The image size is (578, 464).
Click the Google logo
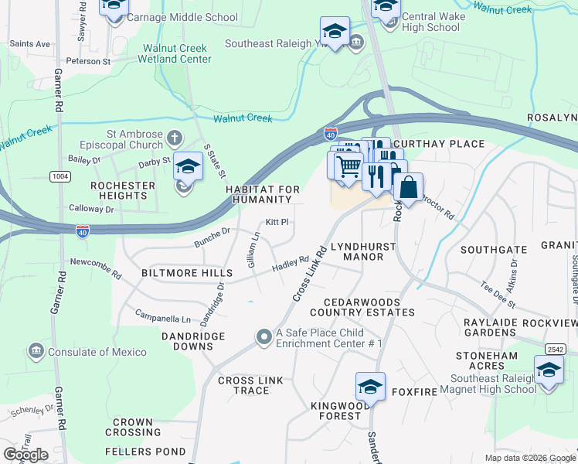tap(25, 455)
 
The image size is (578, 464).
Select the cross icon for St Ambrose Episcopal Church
tap(175, 139)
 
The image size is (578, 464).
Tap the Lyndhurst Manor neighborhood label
tap(363, 251)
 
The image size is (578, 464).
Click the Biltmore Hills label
tap(186, 274)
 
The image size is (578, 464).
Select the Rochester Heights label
tap(118, 191)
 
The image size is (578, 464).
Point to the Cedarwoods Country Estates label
tap(362, 307)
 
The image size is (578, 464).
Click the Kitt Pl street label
tap(277, 222)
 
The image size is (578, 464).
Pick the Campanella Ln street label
tap(162, 317)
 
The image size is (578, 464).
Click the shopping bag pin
tap(408, 187)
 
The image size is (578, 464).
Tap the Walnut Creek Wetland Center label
tap(175, 53)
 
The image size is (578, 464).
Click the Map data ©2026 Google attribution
tap(531, 458)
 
